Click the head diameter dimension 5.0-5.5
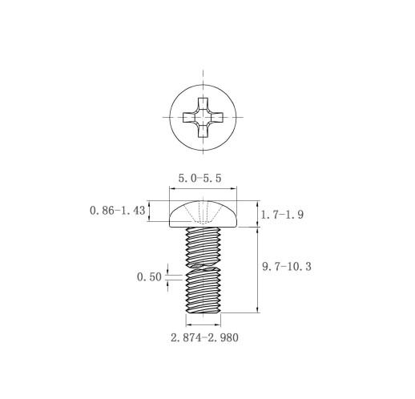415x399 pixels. coord(199,178)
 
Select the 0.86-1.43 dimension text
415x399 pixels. coord(118,211)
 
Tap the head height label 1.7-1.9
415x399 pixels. coord(282,215)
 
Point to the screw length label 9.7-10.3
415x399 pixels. coord(287,267)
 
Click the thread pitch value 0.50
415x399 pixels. coord(149,277)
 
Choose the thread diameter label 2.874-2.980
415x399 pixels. coord(204,337)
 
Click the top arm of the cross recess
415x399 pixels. coord(203,103)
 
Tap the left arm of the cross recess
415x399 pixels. coord(189,117)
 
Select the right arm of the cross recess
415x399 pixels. coord(217,117)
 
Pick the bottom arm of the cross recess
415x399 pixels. coord(203,131)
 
